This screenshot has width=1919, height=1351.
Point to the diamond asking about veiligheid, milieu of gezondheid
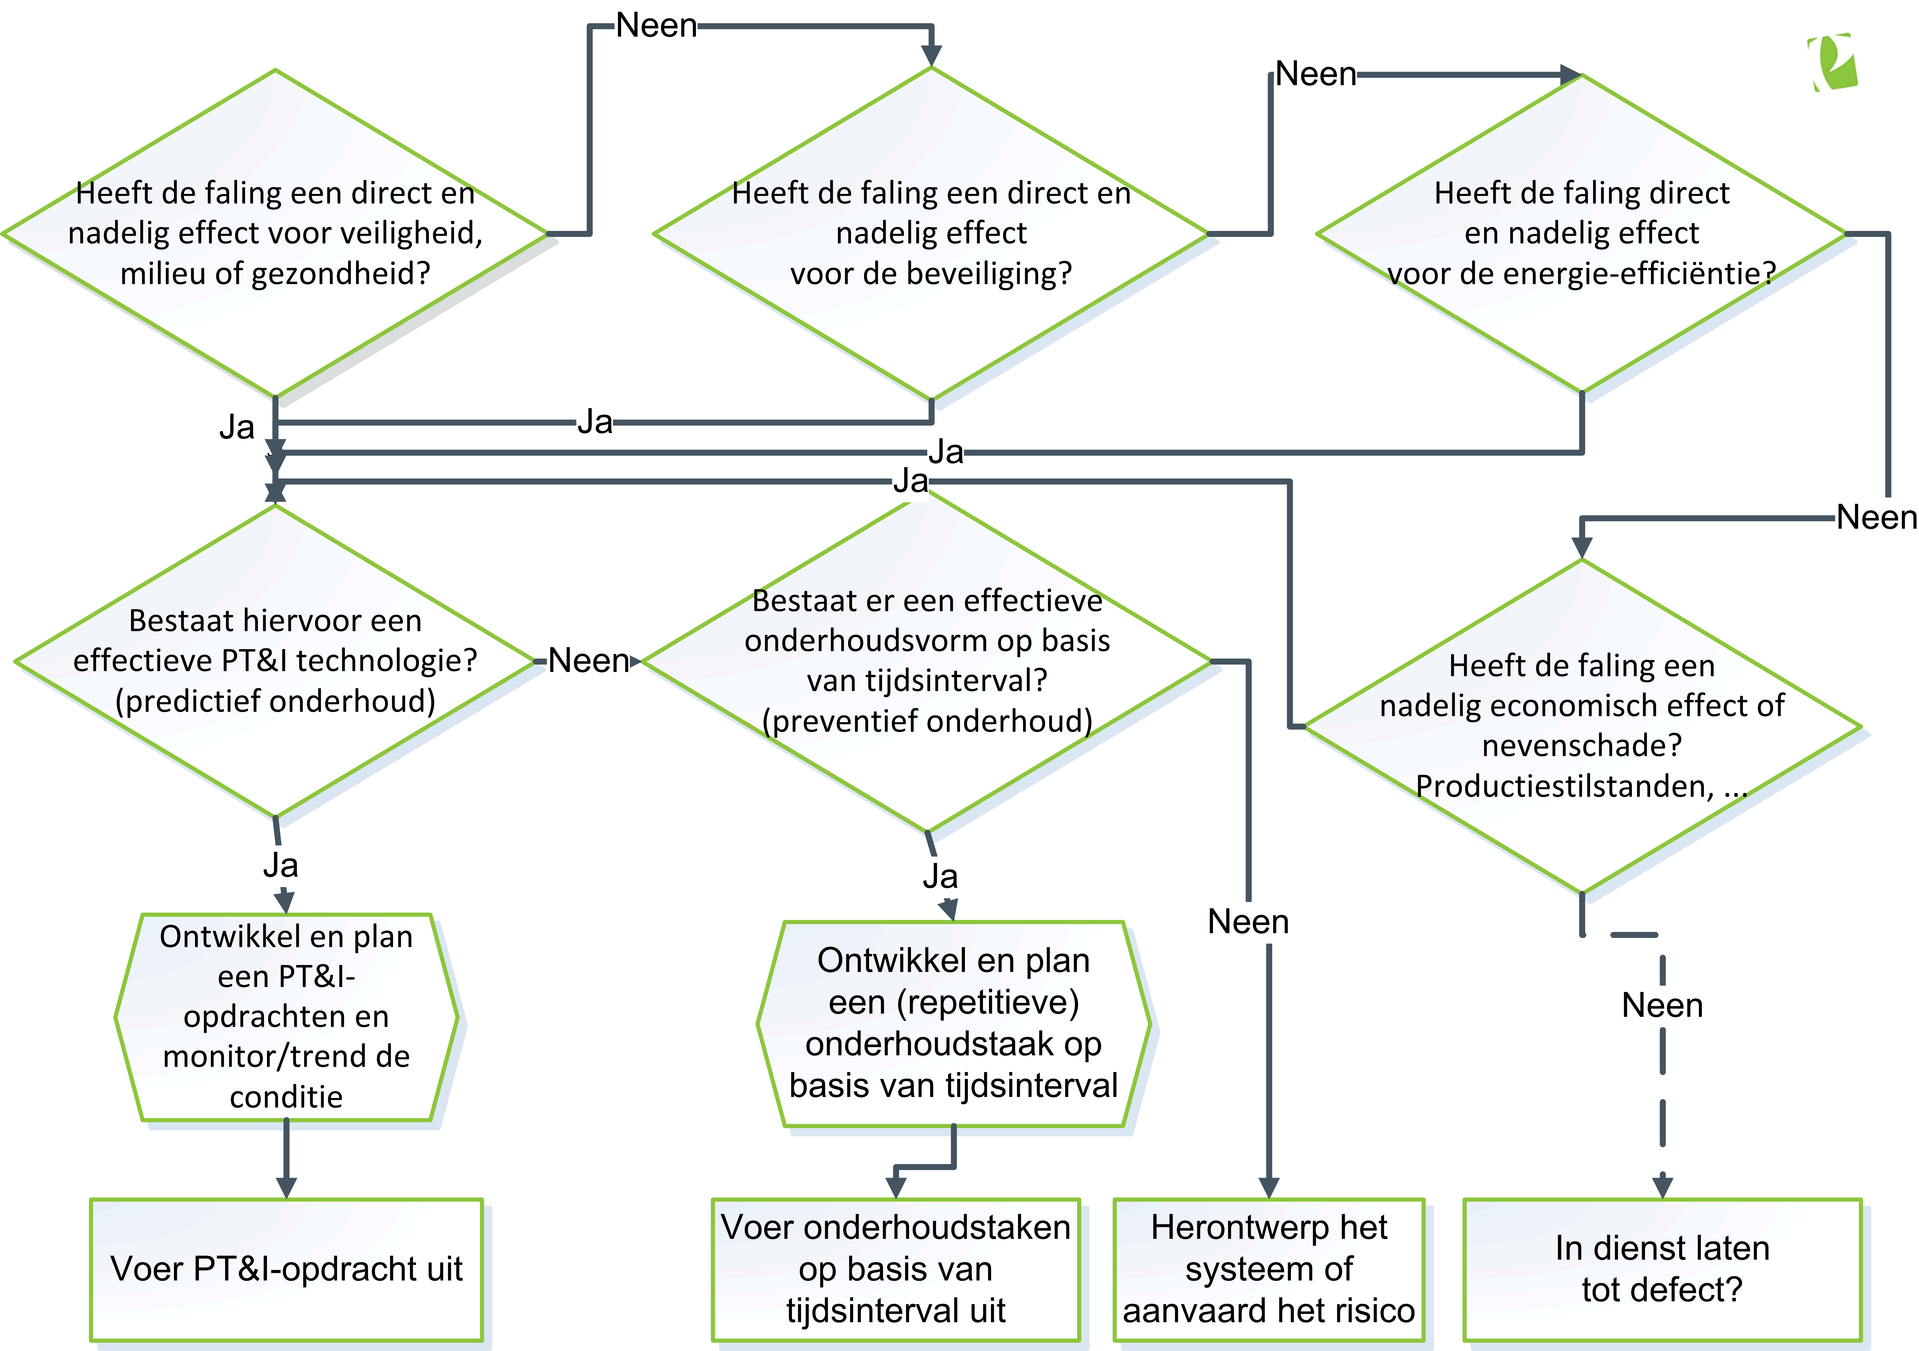coord(275,233)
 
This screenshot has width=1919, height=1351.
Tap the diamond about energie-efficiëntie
coord(1581,233)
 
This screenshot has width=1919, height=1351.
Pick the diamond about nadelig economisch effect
coord(1581,726)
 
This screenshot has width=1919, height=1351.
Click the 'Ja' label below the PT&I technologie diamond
coord(281,865)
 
